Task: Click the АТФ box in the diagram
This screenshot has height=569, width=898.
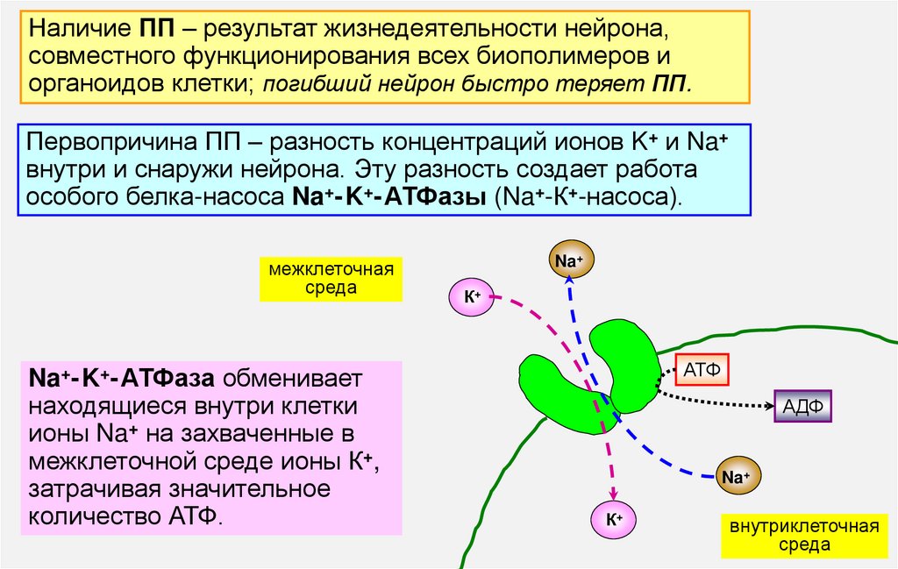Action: tap(702, 370)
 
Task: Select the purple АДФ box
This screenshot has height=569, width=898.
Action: tap(802, 406)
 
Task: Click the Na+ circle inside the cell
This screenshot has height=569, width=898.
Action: tap(738, 477)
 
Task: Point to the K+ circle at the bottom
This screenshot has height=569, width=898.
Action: tap(614, 519)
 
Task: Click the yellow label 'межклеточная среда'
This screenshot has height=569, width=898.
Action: tap(331, 279)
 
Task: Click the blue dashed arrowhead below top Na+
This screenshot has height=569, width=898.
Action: tap(568, 279)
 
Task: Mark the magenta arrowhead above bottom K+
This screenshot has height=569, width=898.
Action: tap(613, 495)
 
